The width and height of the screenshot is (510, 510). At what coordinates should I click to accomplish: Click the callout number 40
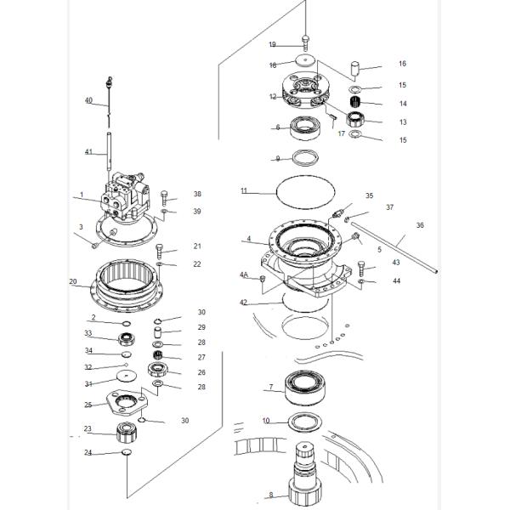tap(88, 100)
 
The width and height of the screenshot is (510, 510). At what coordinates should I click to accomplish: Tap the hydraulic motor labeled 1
tap(125, 197)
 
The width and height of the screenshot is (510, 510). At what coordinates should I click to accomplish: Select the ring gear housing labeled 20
tap(126, 286)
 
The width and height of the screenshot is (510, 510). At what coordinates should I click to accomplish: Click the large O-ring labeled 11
tap(305, 191)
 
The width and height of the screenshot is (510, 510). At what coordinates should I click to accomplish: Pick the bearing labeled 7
tap(305, 388)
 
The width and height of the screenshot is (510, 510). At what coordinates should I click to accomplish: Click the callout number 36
tap(420, 225)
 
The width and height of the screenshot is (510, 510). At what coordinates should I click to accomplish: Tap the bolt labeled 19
tap(305, 43)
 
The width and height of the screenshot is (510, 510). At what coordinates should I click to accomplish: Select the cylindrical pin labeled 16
tap(354, 69)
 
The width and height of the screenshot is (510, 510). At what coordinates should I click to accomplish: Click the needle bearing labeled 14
tap(355, 103)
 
